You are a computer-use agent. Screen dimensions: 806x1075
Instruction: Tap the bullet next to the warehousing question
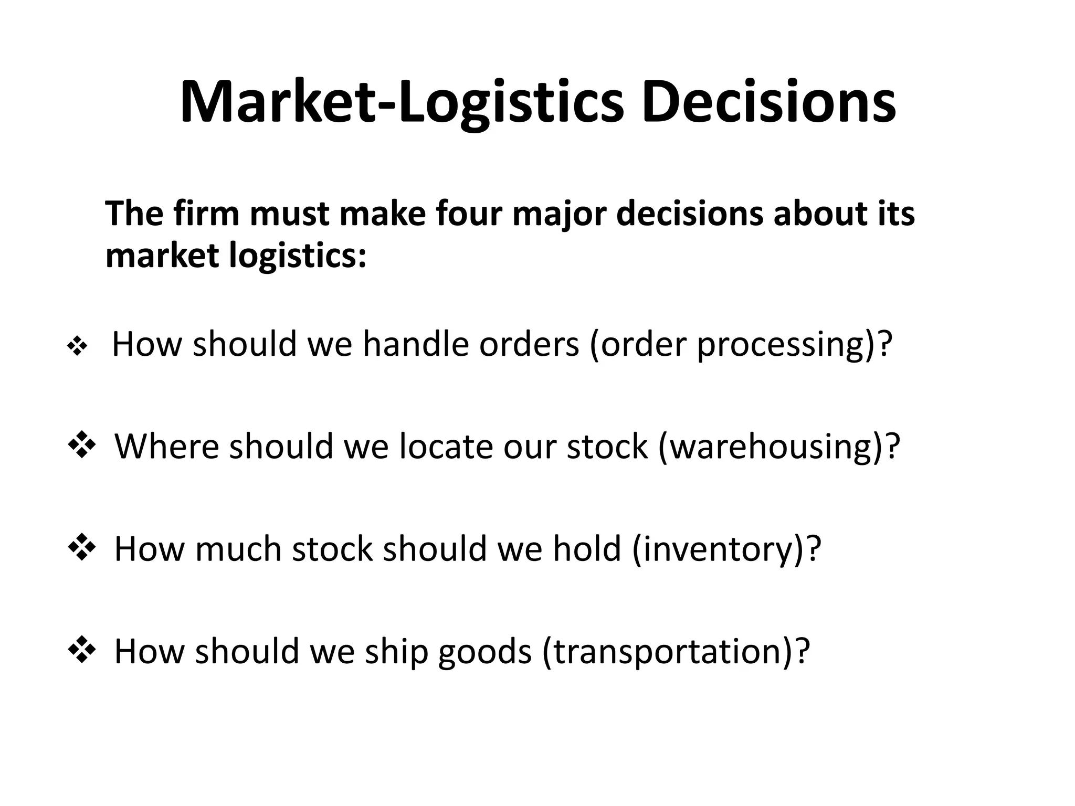click(x=82, y=447)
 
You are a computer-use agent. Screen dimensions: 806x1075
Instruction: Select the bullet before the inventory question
click(x=82, y=549)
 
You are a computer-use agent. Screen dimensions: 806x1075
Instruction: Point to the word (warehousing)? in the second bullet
click(x=778, y=447)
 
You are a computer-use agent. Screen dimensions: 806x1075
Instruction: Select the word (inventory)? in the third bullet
click(x=726, y=549)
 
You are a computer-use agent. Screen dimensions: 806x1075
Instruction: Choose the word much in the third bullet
click(x=238, y=549)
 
